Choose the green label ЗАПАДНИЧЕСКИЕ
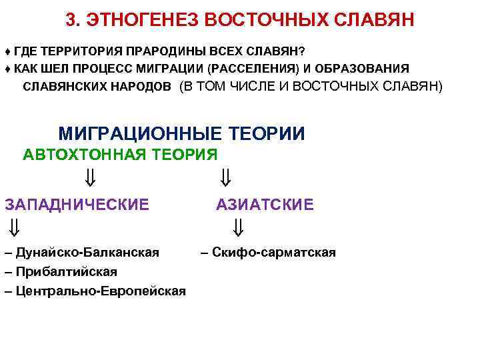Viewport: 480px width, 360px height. pyautogui.click(x=77, y=204)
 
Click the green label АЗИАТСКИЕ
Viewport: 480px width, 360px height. pyautogui.click(x=265, y=204)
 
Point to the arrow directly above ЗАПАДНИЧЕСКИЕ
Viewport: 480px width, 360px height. pyautogui.click(x=91, y=178)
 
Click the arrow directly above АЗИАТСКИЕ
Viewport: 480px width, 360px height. pyautogui.click(x=226, y=178)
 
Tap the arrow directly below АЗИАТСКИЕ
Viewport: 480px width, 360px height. pyautogui.click(x=239, y=229)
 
